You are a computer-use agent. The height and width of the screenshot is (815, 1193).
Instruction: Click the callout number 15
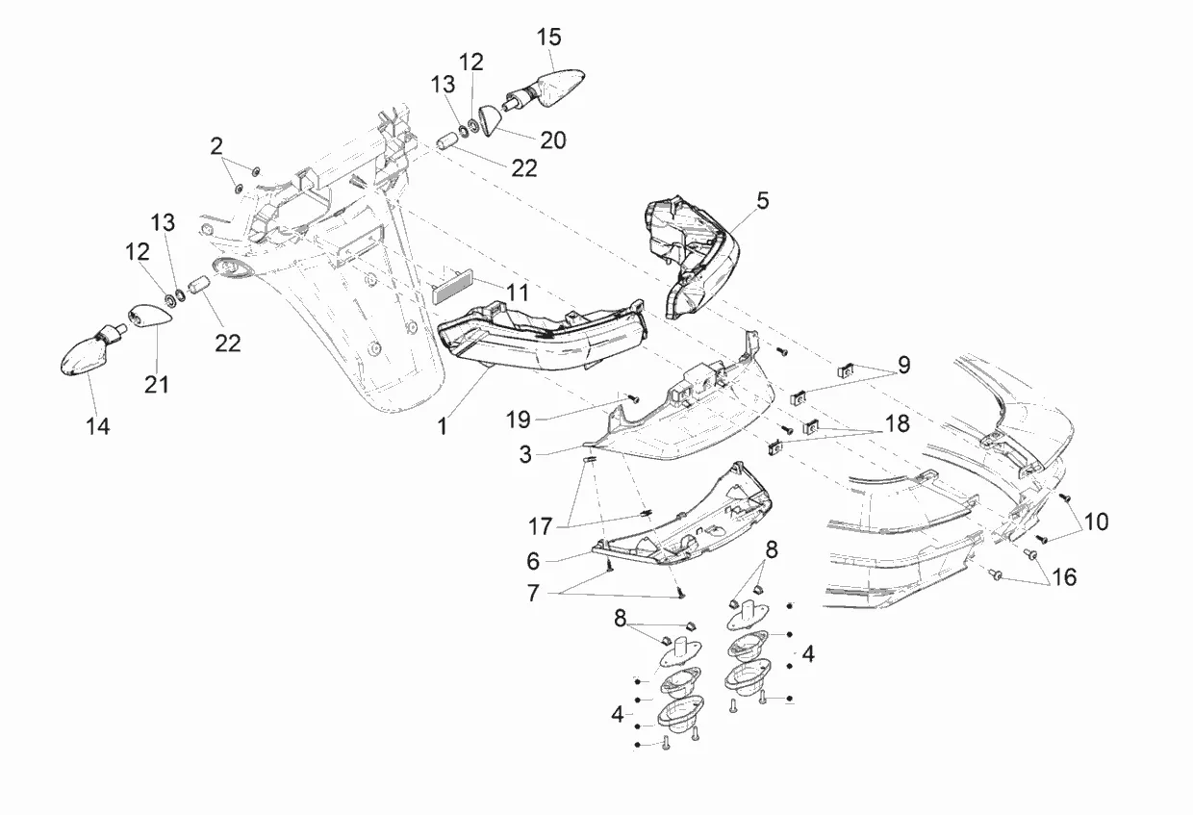tap(549, 38)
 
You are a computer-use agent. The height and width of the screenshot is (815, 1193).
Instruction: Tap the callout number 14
tap(97, 426)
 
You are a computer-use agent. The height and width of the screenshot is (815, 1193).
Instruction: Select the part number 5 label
tap(763, 201)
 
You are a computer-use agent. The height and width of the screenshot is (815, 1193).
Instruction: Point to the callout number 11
tap(519, 292)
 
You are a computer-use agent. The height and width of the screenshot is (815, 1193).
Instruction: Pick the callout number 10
tap(1096, 522)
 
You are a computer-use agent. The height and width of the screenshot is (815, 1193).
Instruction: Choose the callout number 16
tap(1063, 577)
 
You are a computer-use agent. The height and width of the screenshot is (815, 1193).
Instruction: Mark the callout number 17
tap(539, 526)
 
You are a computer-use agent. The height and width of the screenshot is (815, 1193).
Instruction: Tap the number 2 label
tap(216, 146)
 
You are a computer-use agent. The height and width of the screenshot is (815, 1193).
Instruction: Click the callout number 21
tap(157, 384)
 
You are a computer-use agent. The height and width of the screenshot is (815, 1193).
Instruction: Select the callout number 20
tap(553, 140)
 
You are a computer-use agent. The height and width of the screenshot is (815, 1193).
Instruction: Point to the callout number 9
tap(903, 366)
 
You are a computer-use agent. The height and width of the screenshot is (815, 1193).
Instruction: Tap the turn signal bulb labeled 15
tap(556, 87)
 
